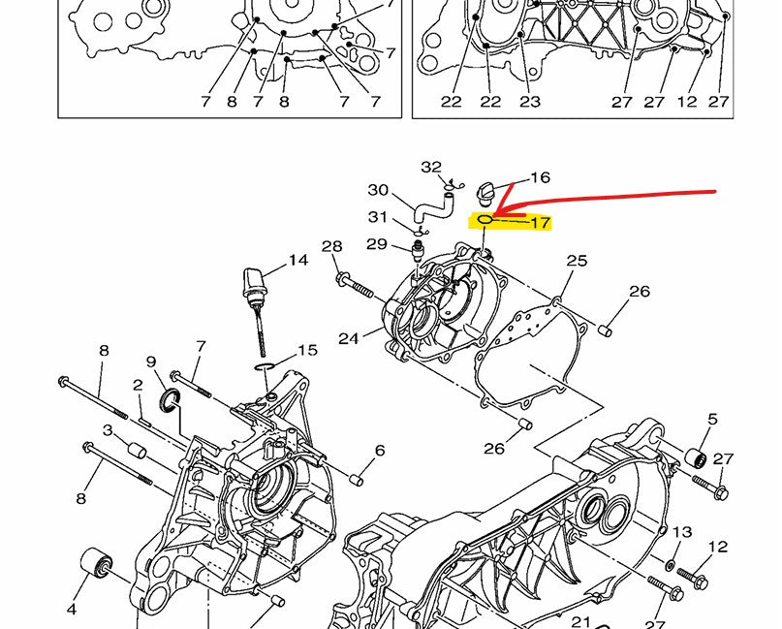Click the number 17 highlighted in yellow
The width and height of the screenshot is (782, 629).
[x=540, y=223]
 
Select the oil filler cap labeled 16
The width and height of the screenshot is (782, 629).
[x=485, y=193]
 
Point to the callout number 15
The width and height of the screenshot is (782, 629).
[x=308, y=350]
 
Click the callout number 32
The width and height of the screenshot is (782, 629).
[x=431, y=167]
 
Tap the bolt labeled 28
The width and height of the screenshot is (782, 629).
[x=354, y=285]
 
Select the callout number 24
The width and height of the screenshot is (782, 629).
[x=348, y=339]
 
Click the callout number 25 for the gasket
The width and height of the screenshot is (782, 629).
[x=577, y=261]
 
